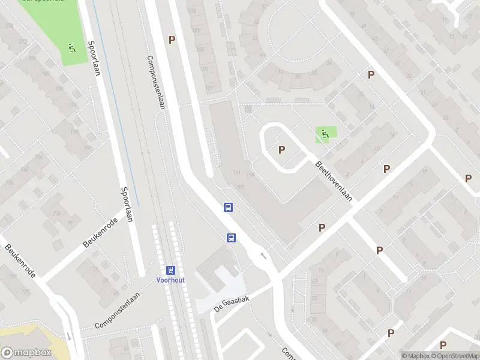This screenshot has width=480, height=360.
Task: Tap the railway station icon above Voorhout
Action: (x=170, y=270)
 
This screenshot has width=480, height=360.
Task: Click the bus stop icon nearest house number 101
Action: (x=228, y=207)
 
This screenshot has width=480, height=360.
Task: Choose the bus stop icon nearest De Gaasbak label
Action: (x=231, y=238)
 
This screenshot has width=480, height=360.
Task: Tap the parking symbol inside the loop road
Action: (x=281, y=149)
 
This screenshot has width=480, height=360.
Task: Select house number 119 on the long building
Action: (x=250, y=175)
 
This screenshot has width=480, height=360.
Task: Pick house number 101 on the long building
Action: (x=241, y=187)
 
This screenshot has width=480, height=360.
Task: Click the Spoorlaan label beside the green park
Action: (x=92, y=58)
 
